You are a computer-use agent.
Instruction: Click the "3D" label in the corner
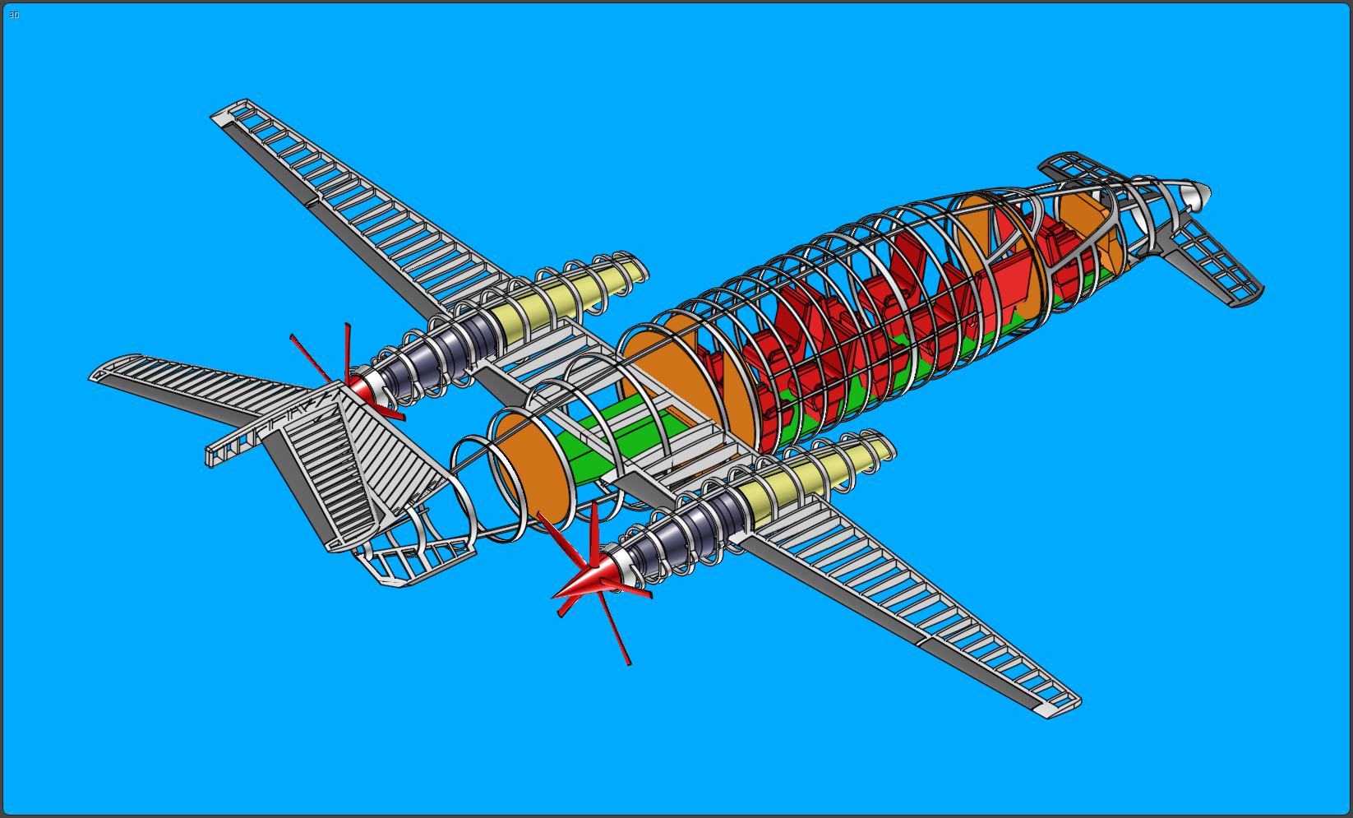(13, 15)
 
